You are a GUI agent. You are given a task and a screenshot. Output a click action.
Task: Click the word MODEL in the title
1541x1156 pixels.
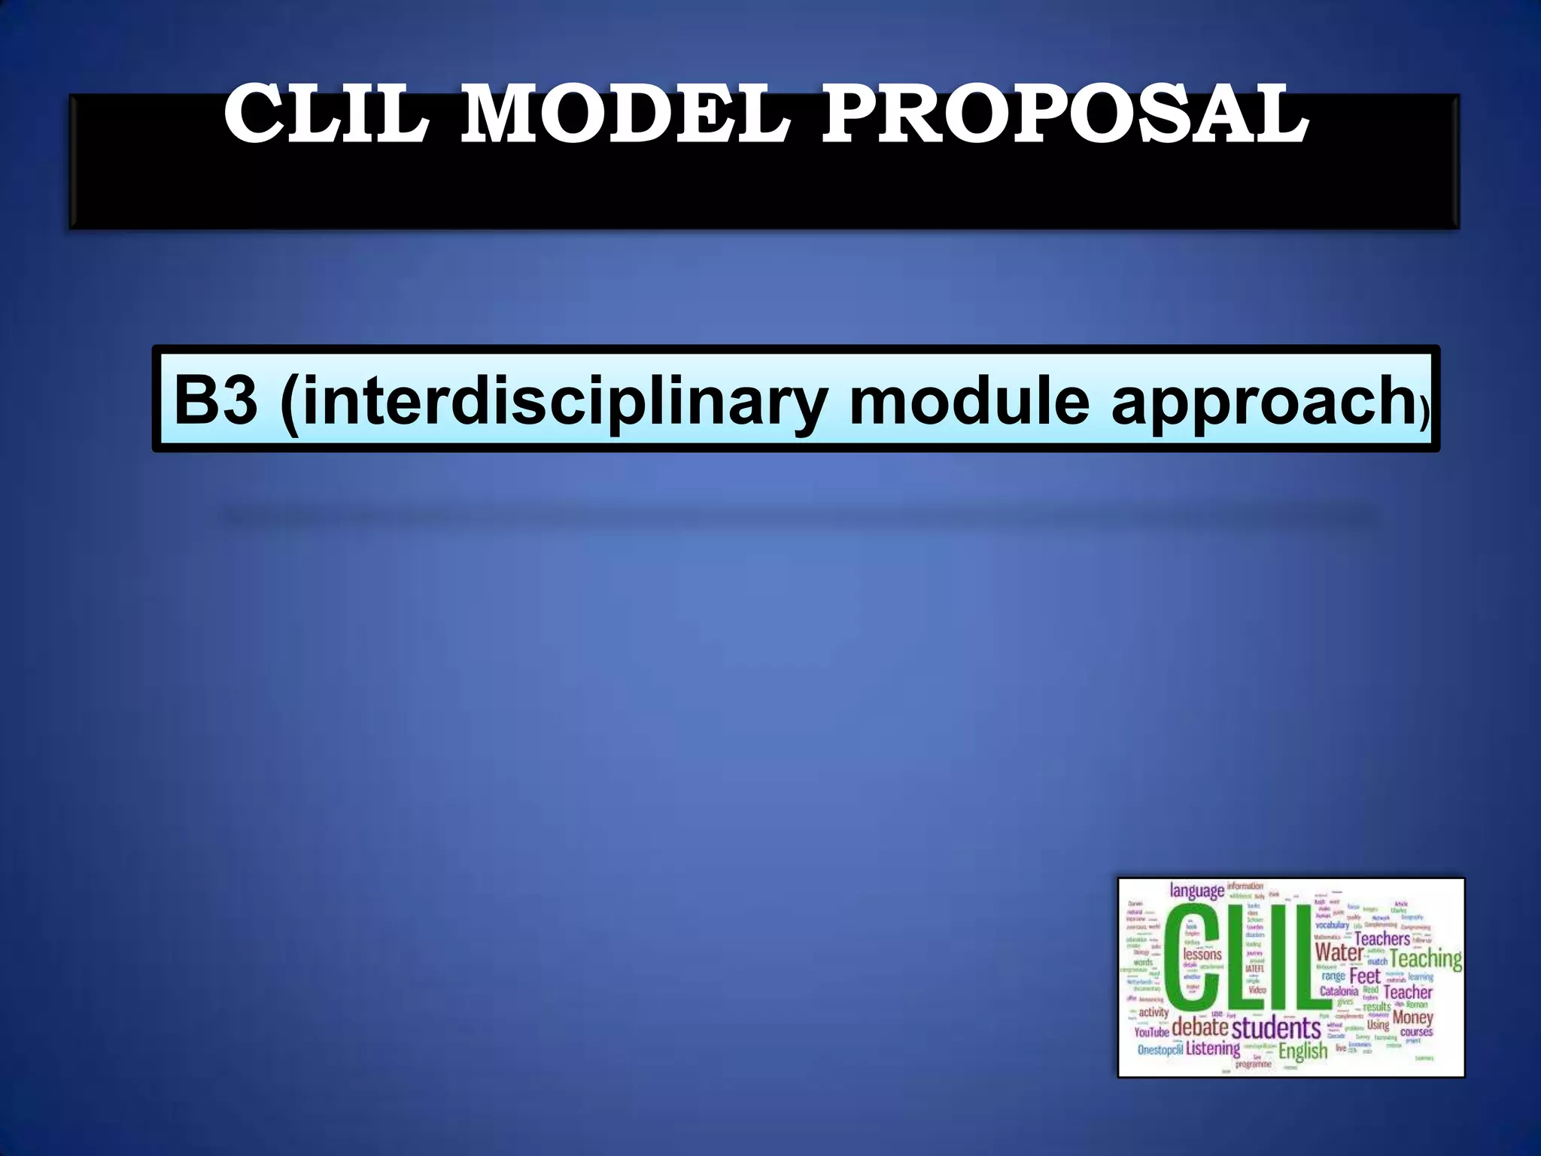click(624, 114)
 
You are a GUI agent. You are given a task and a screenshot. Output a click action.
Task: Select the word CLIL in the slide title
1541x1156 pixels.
click(326, 114)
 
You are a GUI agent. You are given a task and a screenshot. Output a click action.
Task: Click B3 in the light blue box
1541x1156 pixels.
click(215, 400)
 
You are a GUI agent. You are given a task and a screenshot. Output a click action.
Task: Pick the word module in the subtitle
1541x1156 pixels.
click(968, 400)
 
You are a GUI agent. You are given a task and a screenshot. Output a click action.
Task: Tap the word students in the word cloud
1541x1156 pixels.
click(1276, 1028)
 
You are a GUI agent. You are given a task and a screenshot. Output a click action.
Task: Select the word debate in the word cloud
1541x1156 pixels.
click(1200, 1027)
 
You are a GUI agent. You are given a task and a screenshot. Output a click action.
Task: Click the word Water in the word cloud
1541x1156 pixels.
click(1339, 952)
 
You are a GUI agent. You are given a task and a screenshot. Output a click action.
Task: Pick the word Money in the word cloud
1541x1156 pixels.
click(1412, 1017)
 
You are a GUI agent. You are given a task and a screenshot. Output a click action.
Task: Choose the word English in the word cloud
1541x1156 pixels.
click(1303, 1051)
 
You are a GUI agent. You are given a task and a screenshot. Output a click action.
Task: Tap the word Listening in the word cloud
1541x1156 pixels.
click(1213, 1048)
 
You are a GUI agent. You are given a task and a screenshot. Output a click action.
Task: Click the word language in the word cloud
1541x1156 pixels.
click(1196, 891)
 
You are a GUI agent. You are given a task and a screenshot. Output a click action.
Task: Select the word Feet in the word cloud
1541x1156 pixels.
click(1365, 976)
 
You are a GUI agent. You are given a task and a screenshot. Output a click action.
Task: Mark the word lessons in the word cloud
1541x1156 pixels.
click(1202, 954)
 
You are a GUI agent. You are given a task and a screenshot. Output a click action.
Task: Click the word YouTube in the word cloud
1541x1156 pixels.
click(1151, 1032)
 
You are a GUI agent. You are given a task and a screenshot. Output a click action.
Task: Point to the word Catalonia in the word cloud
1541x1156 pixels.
click(1339, 991)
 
